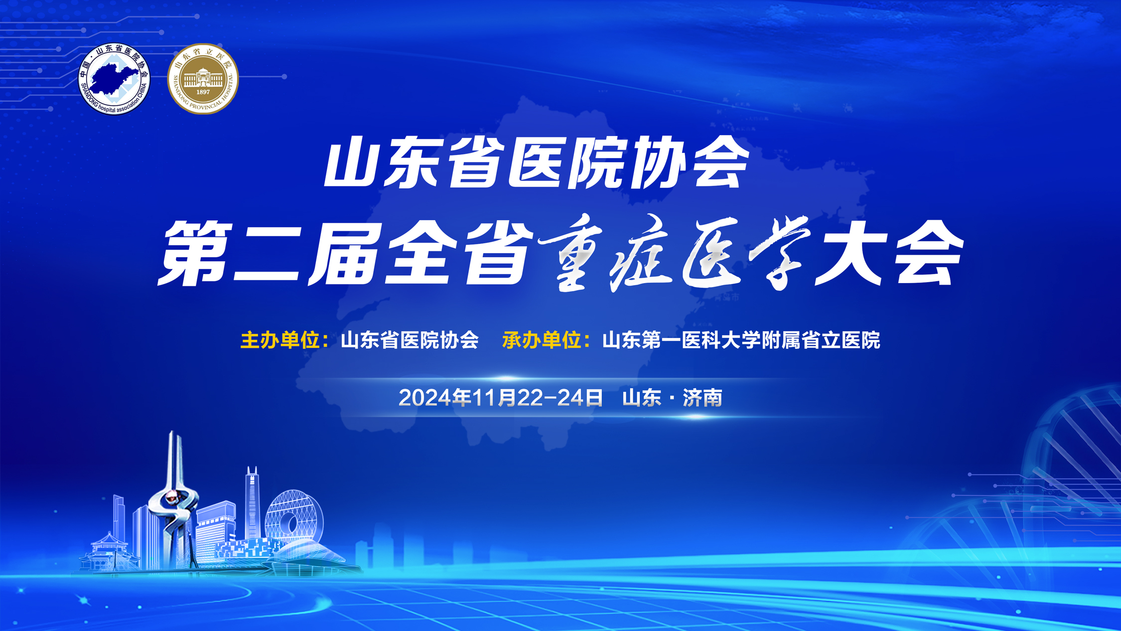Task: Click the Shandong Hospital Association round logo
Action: pyautogui.click(x=114, y=79)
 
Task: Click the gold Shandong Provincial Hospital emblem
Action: pyautogui.click(x=203, y=79)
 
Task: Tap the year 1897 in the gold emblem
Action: pyautogui.click(x=203, y=92)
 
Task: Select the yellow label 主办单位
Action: pyautogui.click(x=280, y=340)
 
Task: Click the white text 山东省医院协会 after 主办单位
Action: pyautogui.click(x=410, y=340)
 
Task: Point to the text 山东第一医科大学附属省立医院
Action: pyautogui.click(x=741, y=340)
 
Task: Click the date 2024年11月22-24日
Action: pyautogui.click(x=500, y=398)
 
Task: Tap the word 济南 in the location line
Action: pyautogui.click(x=702, y=398)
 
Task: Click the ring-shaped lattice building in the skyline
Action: pyautogui.click(x=294, y=518)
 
